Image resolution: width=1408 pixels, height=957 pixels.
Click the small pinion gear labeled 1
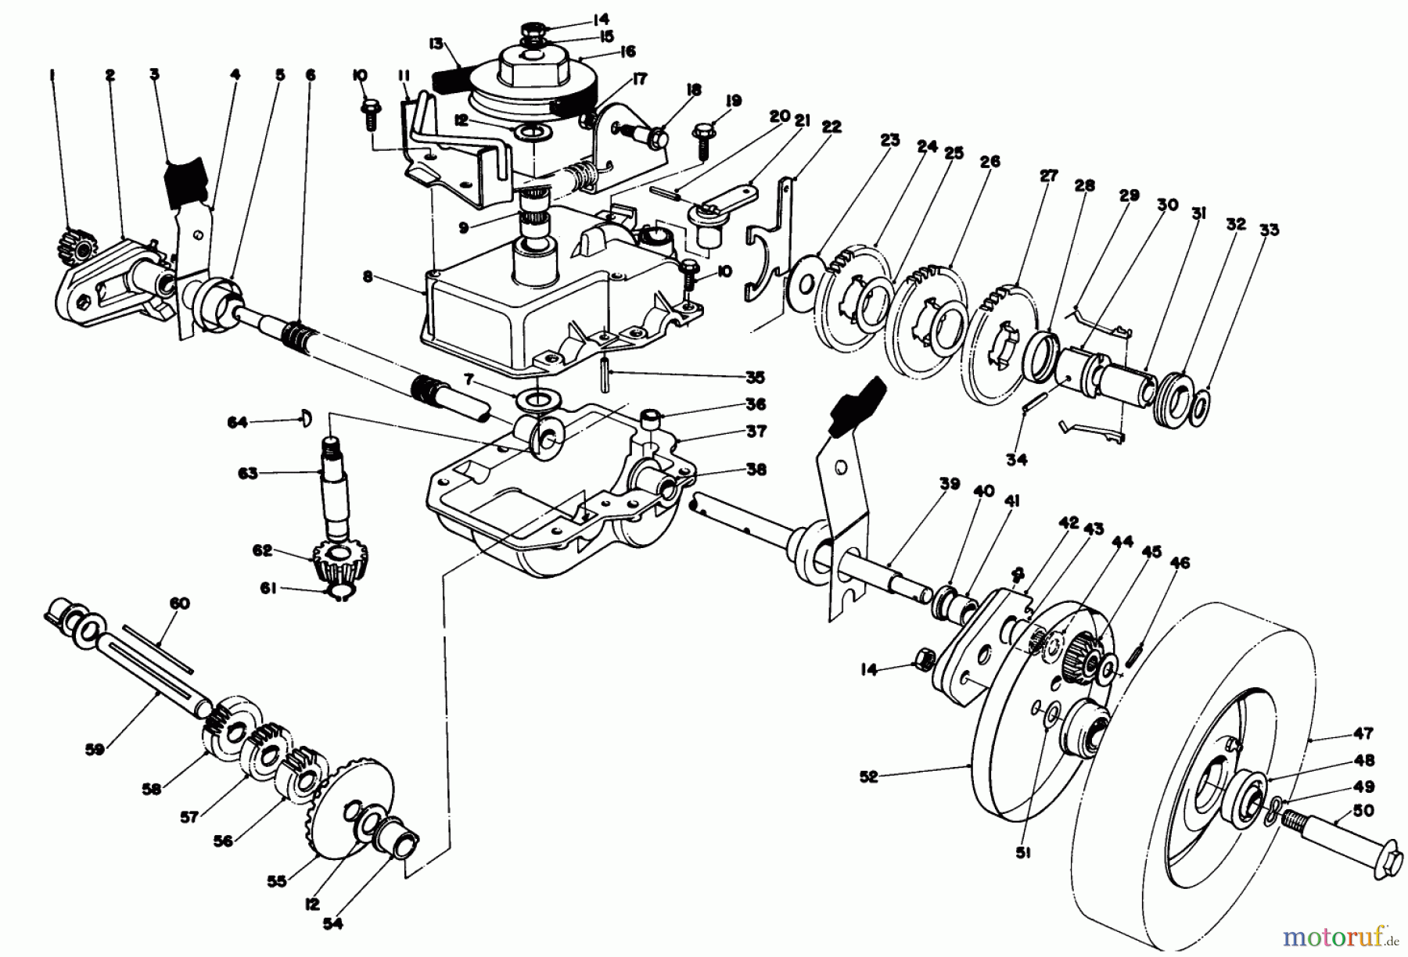78,242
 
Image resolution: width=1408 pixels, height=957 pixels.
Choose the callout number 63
248,474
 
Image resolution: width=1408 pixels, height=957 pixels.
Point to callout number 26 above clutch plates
990,162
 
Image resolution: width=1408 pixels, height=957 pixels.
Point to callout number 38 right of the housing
755,470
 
